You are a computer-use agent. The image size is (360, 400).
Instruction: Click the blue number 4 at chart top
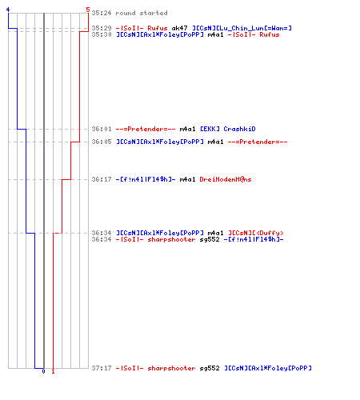(8, 10)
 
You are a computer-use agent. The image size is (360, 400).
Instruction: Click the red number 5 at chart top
(88, 10)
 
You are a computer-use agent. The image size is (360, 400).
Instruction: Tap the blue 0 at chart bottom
(43, 371)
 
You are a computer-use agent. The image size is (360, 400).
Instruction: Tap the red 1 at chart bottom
(53, 371)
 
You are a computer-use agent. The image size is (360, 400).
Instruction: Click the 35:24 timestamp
(102, 13)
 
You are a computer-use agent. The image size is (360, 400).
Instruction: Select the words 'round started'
(142, 13)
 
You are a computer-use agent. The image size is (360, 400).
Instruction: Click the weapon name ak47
(179, 28)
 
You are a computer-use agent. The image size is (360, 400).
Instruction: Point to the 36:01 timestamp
(102, 129)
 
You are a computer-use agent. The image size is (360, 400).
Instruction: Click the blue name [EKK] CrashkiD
(228, 129)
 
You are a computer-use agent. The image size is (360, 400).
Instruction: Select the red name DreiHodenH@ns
(226, 179)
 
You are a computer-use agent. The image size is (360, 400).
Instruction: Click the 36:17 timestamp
(102, 179)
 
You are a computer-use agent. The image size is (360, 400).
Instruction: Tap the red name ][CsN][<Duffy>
(256, 233)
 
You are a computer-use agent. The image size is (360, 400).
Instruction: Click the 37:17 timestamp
(102, 368)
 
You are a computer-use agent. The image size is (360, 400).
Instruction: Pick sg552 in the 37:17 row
(210, 368)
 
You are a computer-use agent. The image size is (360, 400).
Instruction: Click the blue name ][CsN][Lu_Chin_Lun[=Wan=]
(242, 28)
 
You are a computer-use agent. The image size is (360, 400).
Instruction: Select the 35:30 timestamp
(102, 34)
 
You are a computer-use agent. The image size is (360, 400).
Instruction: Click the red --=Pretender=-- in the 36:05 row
(258, 142)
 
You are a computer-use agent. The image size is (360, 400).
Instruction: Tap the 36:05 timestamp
(102, 142)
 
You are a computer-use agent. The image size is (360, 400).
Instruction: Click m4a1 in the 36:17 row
(188, 179)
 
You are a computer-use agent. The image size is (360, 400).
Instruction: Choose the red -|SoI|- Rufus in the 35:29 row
(142, 28)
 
